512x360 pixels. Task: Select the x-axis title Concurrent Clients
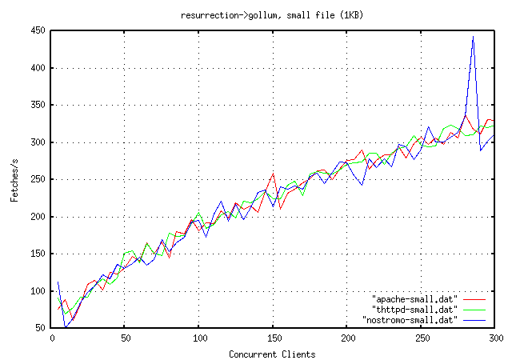click(272, 354)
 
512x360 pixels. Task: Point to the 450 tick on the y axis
click(37, 30)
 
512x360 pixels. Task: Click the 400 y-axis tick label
click(37, 68)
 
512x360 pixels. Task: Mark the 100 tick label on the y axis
click(37, 291)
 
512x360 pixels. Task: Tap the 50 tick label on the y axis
click(39, 328)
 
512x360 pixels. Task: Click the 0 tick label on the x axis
click(51, 338)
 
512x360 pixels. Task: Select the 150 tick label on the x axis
click(274, 338)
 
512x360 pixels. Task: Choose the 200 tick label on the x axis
click(347, 338)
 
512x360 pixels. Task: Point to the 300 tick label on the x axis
click(494, 338)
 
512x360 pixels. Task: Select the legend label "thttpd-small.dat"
click(416, 309)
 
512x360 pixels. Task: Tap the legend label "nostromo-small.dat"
click(411, 319)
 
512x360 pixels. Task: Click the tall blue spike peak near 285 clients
click(473, 37)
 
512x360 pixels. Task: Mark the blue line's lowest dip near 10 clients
click(66, 327)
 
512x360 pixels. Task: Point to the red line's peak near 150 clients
click(274, 174)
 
